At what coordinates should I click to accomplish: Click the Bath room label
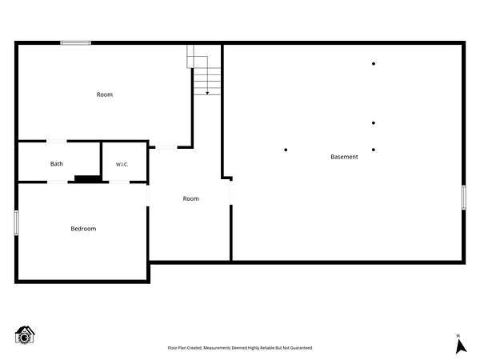(57, 164)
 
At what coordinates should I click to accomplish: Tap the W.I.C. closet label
(122, 164)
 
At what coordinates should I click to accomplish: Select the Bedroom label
(83, 229)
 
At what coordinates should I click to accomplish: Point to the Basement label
(344, 157)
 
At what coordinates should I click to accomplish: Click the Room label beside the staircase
(105, 94)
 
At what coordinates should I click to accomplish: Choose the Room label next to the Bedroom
(191, 198)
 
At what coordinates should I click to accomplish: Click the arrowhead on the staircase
(207, 93)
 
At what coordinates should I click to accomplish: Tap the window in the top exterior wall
(76, 43)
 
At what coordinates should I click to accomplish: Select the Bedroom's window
(16, 223)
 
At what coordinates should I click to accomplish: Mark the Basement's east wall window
(464, 198)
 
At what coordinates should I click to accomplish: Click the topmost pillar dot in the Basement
(374, 64)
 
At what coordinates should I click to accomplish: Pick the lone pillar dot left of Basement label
(286, 150)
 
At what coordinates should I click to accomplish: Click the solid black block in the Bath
(88, 178)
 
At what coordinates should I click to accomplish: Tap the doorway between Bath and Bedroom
(58, 182)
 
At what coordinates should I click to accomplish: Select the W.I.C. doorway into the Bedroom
(119, 182)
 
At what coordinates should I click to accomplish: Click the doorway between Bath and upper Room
(57, 141)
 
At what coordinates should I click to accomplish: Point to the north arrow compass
(461, 344)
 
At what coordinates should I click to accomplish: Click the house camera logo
(25, 335)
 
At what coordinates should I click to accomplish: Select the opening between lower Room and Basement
(231, 193)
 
